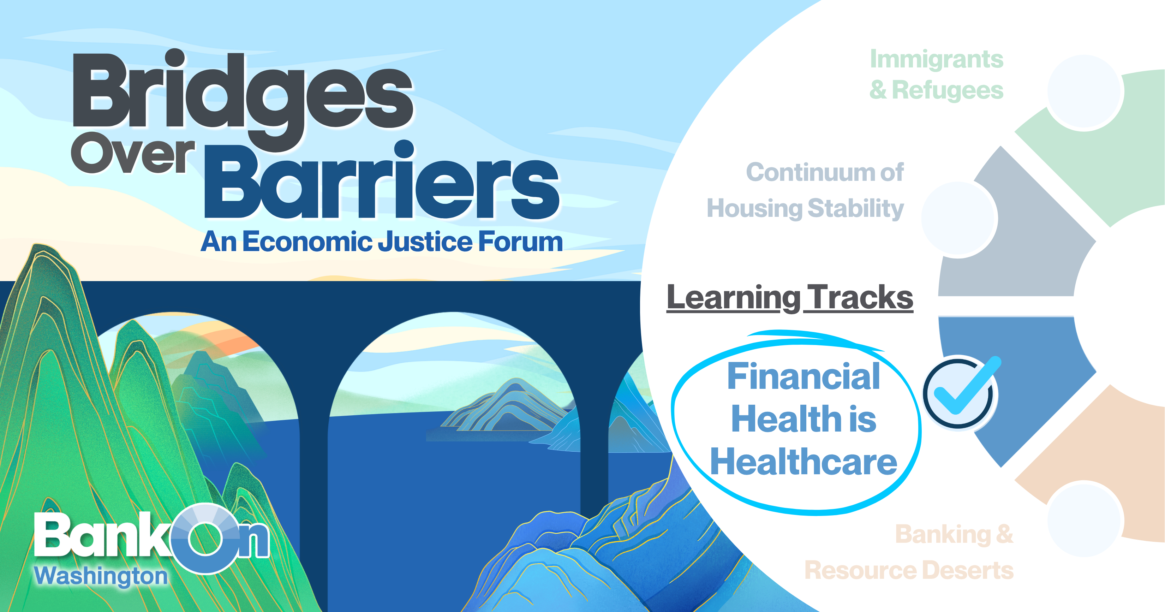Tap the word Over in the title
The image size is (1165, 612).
coord(132,153)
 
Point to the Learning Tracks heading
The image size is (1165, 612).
coord(790,298)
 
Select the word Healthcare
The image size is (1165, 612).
coord(803,462)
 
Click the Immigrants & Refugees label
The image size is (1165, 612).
coord(936,75)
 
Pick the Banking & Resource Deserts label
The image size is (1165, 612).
coord(909,552)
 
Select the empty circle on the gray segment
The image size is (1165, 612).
coord(959,219)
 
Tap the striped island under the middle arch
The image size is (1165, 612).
coord(504,407)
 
